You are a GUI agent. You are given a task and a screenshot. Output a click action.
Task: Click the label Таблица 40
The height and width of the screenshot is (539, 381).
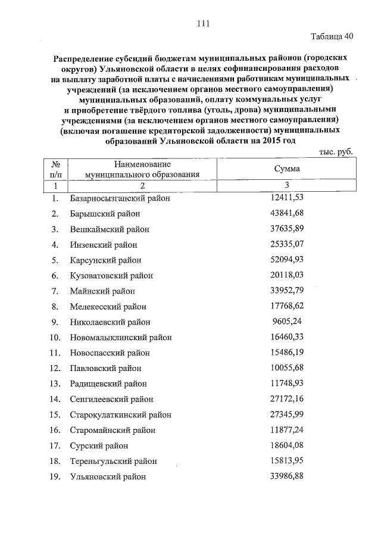pos(332,36)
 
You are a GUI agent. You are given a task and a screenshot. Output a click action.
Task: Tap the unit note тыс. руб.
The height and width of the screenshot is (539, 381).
pos(336,152)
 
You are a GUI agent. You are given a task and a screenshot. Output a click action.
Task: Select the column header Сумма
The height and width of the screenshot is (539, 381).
pos(286,170)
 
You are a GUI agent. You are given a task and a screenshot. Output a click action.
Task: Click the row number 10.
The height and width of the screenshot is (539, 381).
pos(54,338)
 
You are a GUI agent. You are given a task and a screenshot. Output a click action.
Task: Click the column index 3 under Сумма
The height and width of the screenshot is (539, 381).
pos(286,186)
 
